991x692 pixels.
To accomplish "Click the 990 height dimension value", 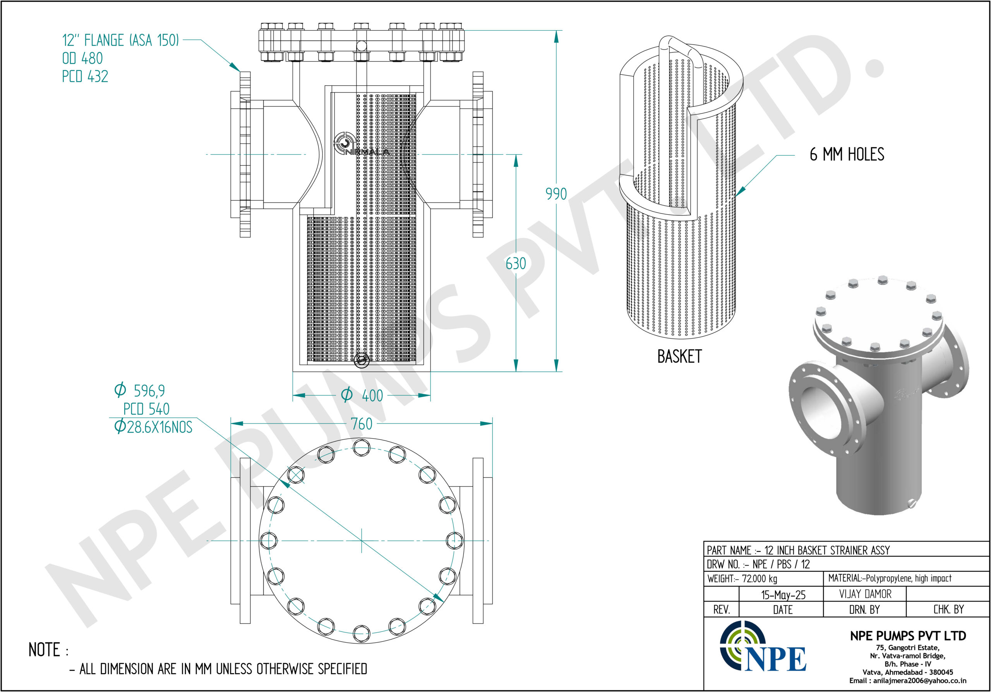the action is pos(556,194).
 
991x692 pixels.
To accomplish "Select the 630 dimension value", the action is pos(516,263).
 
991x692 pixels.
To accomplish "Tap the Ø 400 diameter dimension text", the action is pos(362,395).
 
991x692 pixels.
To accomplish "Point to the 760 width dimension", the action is pos(361,424).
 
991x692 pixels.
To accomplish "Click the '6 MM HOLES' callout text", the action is pos(847,154).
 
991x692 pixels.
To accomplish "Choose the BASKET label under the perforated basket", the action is pos(679,356).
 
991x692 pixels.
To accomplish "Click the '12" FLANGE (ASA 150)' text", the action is pos(120,40).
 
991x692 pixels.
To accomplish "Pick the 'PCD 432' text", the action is pos(85,76).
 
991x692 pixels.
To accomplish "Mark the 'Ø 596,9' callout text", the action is pos(139,390).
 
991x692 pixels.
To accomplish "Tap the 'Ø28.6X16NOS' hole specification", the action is pos(153,427).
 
